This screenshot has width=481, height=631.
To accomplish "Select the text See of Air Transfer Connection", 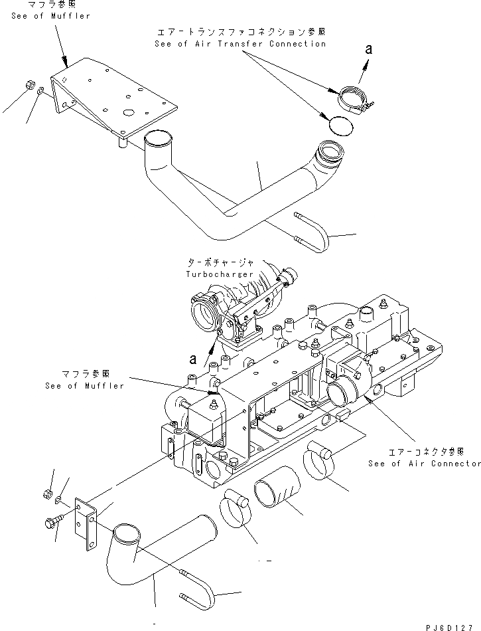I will (240, 44).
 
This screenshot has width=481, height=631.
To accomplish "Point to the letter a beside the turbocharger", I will (192, 359).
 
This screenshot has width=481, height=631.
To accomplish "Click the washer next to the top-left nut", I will (42, 91).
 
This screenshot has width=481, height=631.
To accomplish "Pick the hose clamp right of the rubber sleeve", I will (318, 462).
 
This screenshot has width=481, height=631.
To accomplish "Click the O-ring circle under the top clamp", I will (342, 124).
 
